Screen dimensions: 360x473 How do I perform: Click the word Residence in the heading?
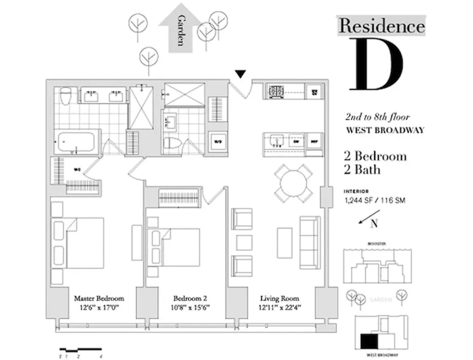coord(381,25)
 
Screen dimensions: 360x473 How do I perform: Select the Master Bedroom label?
coord(99,298)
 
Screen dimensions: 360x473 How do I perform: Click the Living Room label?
coord(279,298)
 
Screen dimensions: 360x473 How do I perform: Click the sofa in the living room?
coord(310,242)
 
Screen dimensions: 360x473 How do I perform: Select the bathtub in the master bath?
coord(76,141)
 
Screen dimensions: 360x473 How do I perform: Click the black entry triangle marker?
coord(239,75)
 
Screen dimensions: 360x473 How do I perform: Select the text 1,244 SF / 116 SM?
coord(374,200)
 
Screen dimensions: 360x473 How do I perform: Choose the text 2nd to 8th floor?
coord(377,117)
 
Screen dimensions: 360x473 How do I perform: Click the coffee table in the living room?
coord(284,242)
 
